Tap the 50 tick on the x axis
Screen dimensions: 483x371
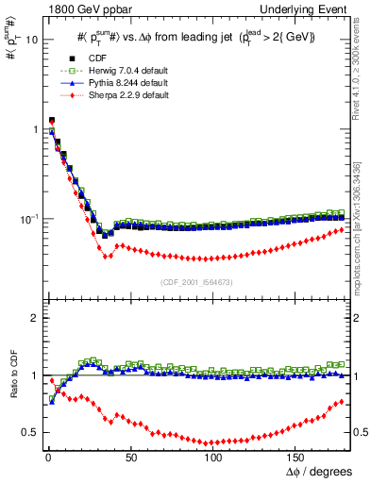coord(129,458)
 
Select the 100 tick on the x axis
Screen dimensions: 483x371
coord(212,458)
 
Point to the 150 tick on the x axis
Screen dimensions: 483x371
coord(295,458)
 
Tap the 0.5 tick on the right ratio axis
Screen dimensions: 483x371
coord(361,432)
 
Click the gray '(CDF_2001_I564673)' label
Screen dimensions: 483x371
coord(202,282)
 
